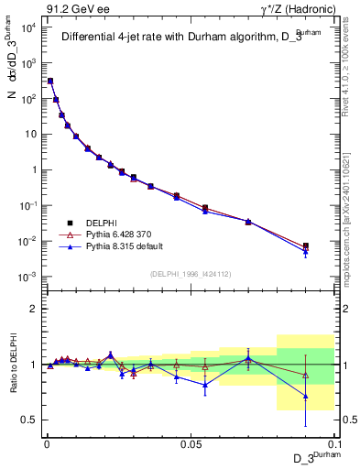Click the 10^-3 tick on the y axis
tap(27, 277)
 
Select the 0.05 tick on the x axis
tap(191, 442)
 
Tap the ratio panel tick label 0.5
tap(30, 420)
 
